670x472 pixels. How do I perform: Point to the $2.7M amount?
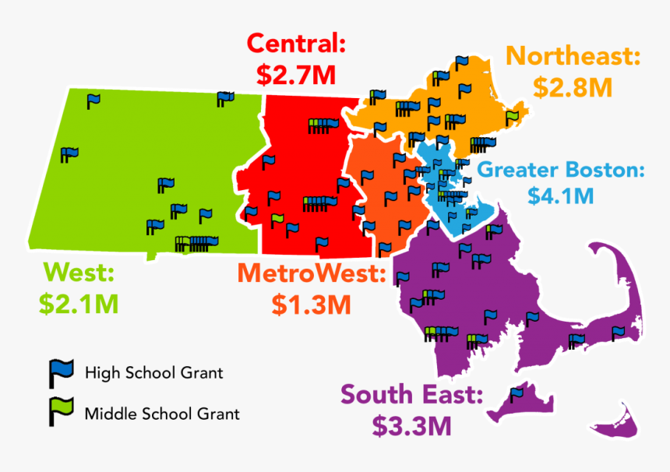pyautogui.click(x=295, y=75)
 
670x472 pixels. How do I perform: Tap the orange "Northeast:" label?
pyautogui.click(x=573, y=56)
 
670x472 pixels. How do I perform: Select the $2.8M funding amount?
pyautogui.click(x=573, y=87)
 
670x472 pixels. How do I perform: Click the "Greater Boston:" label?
pyautogui.click(x=561, y=170)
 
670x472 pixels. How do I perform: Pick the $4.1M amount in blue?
pyautogui.click(x=561, y=195)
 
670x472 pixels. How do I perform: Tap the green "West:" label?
pyautogui.click(x=79, y=273)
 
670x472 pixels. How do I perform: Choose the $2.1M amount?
pyautogui.click(x=81, y=303)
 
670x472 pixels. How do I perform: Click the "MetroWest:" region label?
pyautogui.click(x=312, y=273)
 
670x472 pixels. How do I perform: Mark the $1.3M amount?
pyautogui.click(x=312, y=304)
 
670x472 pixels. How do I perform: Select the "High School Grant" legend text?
pyautogui.click(x=153, y=373)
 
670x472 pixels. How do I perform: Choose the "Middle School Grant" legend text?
pyautogui.click(x=162, y=414)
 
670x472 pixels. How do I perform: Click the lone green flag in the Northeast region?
pyautogui.click(x=511, y=118)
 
